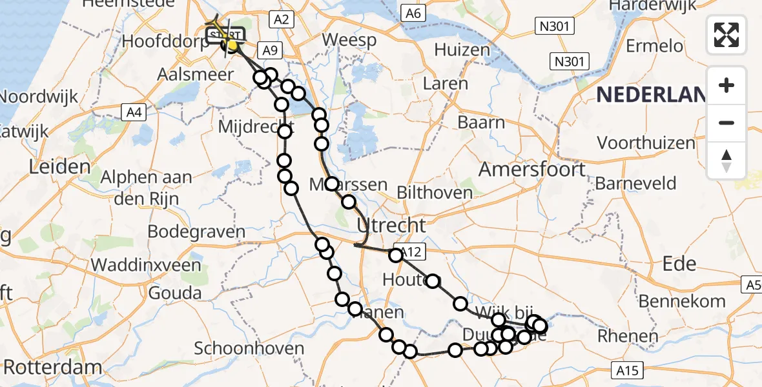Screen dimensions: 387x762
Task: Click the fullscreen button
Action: pos(726,34)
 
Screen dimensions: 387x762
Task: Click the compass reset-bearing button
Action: pos(726,161)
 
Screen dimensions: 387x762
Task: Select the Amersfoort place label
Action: pos(532,170)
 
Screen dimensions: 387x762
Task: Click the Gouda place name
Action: pos(174,292)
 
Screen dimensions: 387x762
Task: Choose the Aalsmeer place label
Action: pos(196,74)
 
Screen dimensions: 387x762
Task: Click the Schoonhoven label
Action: pos(249,349)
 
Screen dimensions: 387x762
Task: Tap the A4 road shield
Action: pos(134,113)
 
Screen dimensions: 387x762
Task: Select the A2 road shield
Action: pos(281,19)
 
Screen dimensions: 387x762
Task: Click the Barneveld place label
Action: pos(635,183)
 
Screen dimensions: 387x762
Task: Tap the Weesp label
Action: pos(349,40)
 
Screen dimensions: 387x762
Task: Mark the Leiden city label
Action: pos(59,167)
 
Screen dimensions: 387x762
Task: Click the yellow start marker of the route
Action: pos(231,45)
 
